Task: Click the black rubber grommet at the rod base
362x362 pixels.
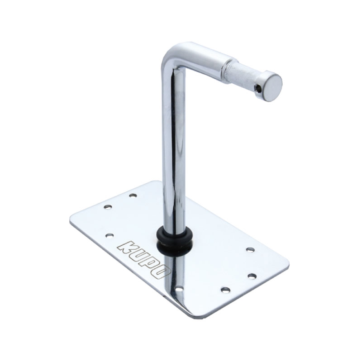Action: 174,241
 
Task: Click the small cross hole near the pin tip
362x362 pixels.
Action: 257,87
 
